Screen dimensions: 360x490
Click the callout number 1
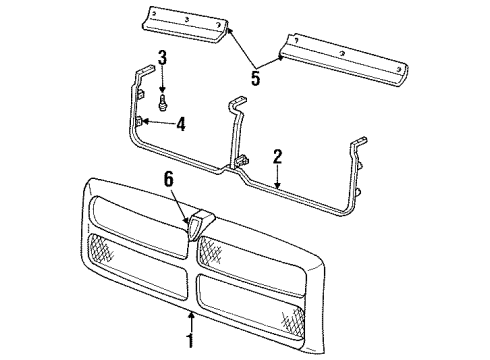click(191, 346)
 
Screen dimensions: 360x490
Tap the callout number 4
click(181, 125)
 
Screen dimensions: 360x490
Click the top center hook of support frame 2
click(239, 104)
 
